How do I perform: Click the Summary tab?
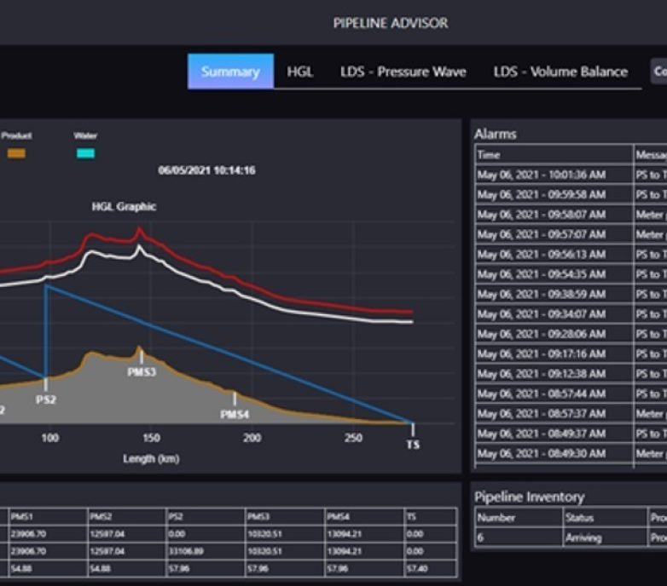pyautogui.click(x=230, y=72)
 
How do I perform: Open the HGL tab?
pyautogui.click(x=300, y=72)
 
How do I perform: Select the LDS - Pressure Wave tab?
pyautogui.click(x=403, y=72)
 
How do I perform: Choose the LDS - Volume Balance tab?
pyautogui.click(x=560, y=72)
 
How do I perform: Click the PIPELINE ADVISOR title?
pyautogui.click(x=390, y=23)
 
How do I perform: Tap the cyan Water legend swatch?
pyautogui.click(x=85, y=153)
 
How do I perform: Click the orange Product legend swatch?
pyautogui.click(x=16, y=153)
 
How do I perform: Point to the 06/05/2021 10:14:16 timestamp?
pyautogui.click(x=206, y=170)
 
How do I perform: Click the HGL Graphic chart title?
pyautogui.click(x=125, y=206)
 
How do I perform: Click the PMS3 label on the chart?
pyautogui.click(x=142, y=372)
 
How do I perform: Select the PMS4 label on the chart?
pyautogui.click(x=235, y=414)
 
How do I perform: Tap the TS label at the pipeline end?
pyautogui.click(x=413, y=445)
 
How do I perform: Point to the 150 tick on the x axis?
pyautogui.click(x=151, y=438)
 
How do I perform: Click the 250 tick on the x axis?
pyautogui.click(x=353, y=438)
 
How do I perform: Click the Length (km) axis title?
pyautogui.click(x=150, y=458)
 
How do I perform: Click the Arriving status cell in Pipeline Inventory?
pyautogui.click(x=583, y=538)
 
